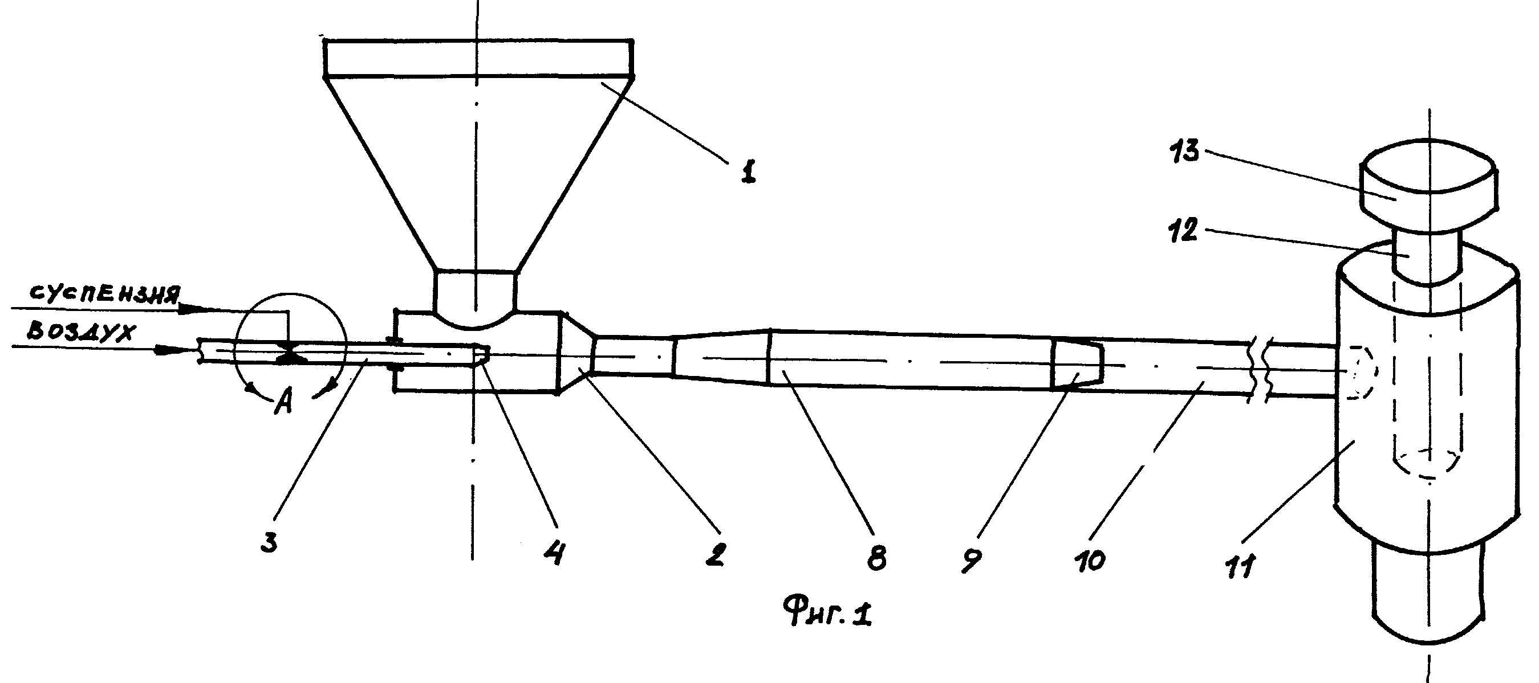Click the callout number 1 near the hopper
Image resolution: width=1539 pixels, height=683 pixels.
click(x=748, y=171)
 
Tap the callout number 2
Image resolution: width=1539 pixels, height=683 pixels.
click(x=714, y=555)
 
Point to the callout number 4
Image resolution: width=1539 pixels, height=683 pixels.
click(x=554, y=555)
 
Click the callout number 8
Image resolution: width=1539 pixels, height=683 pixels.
click(x=876, y=557)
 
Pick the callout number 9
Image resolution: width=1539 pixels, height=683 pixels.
click(x=972, y=559)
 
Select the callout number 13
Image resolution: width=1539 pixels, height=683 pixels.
click(x=1185, y=151)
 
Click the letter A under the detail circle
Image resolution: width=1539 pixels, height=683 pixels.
click(x=283, y=404)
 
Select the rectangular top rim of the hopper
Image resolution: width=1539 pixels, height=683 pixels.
click(x=478, y=58)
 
